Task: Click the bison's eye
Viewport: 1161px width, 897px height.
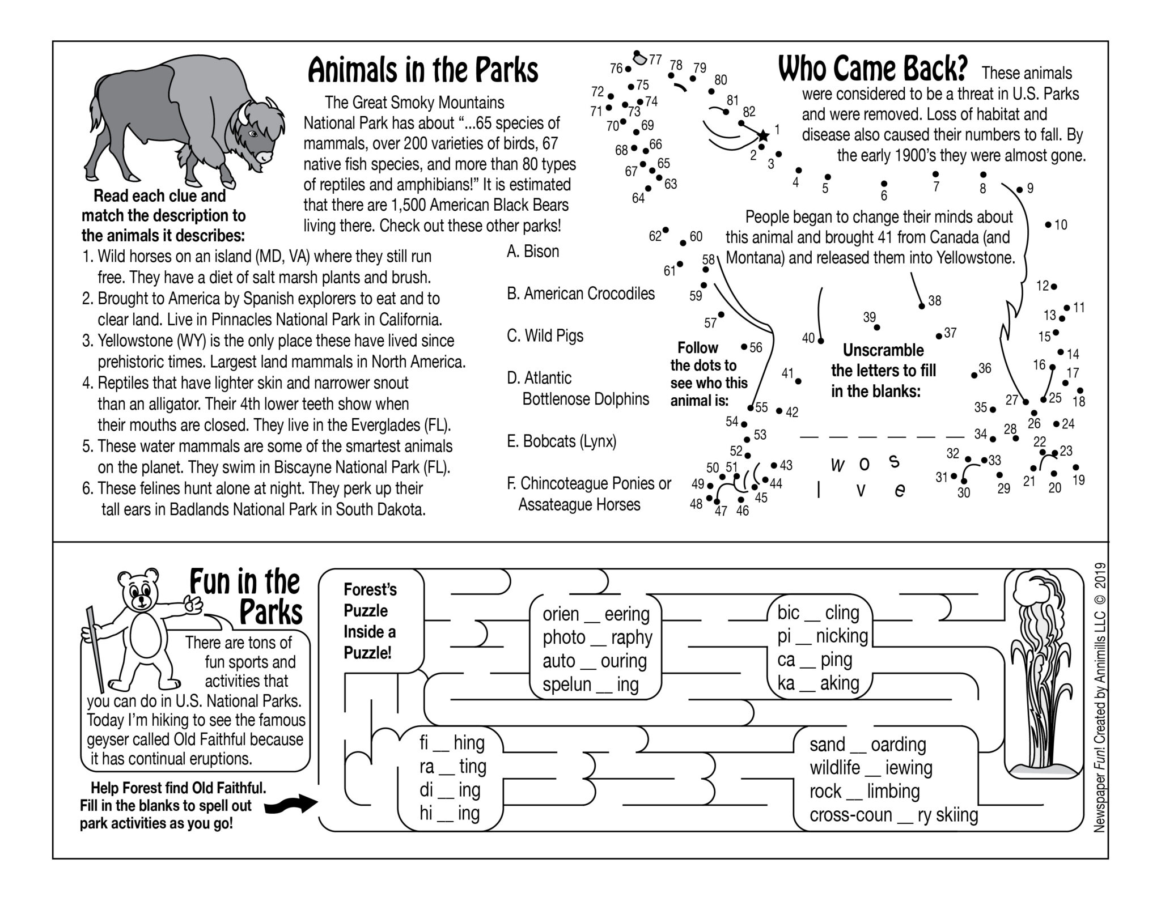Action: click(x=253, y=134)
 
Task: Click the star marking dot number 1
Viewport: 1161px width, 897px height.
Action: click(x=763, y=135)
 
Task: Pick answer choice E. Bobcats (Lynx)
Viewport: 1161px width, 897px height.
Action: click(x=561, y=441)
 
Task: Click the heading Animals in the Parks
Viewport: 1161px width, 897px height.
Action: click(x=422, y=71)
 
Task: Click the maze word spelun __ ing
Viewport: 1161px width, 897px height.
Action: click(x=590, y=685)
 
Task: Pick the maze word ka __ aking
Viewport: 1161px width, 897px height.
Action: click(x=817, y=683)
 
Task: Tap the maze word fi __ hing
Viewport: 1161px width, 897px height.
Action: click(x=452, y=743)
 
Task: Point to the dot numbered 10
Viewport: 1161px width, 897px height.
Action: click(x=1048, y=225)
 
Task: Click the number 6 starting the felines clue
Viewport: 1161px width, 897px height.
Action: click(x=87, y=488)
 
